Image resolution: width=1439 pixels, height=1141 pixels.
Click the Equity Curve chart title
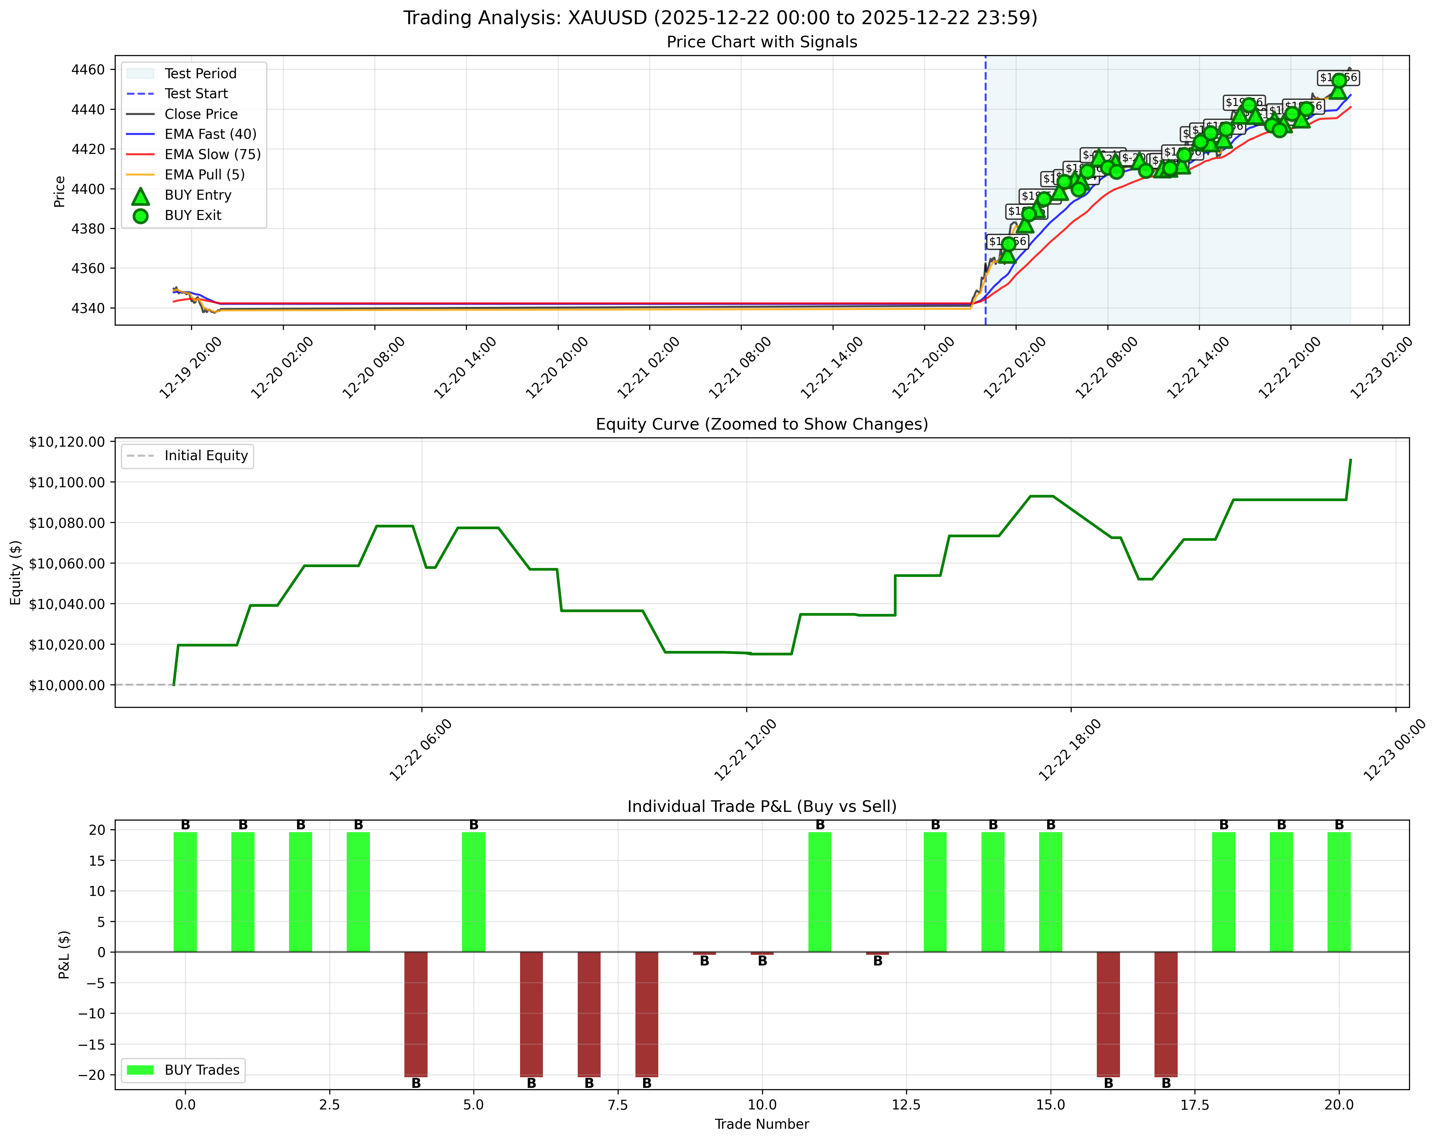[x=762, y=424]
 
